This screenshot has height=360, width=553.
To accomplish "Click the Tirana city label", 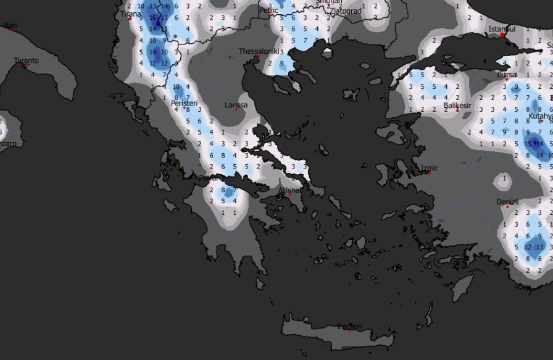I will pos(131,14).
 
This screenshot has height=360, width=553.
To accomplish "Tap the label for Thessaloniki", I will pos(260,51).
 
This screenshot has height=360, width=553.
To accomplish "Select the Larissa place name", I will pos(236,105).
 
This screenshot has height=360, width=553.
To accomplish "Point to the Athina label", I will pos(289,190).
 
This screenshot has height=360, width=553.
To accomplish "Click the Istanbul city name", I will pos(501,29).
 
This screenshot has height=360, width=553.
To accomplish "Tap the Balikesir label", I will pos(457,106).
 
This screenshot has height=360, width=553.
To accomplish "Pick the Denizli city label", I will pos(507,202).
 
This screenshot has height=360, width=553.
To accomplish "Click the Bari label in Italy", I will pos(10,25).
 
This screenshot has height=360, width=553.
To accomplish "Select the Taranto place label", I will pos(26,61).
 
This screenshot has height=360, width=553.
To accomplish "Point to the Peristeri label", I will pos(184,103).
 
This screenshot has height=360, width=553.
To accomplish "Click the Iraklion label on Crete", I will pos(349,326).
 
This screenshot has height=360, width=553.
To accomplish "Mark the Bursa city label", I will pos(506,75).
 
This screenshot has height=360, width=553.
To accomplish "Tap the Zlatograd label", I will pos(346,10).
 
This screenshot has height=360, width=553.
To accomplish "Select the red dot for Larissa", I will pos(236,110).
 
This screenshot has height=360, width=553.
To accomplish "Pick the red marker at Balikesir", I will pos(457,111).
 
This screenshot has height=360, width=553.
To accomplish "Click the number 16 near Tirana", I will pos(152,18).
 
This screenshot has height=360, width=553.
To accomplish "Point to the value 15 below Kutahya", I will pos(528,144).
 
